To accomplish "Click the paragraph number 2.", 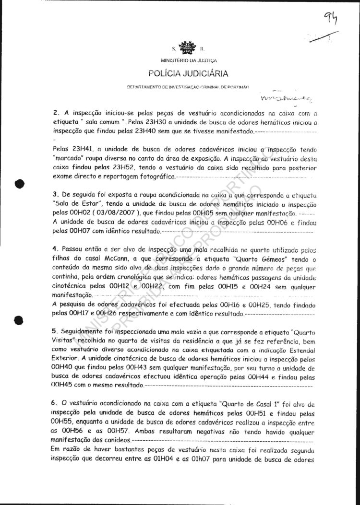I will click(55, 114).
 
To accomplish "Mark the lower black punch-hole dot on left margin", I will click(19, 319).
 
